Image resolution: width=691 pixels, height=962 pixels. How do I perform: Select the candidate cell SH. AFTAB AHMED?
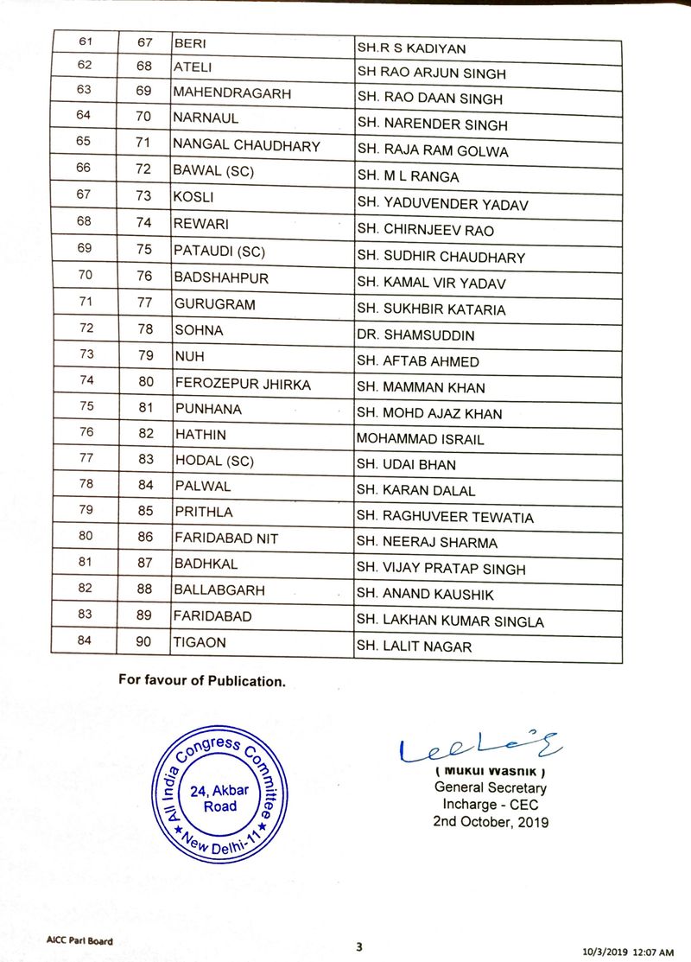419,361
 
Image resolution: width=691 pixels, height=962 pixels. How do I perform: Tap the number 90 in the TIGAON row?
144,642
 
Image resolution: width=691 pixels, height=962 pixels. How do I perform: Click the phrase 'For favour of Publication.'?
201,681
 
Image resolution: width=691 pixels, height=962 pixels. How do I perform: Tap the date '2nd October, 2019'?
491,821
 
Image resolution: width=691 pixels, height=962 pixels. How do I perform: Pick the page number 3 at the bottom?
358,946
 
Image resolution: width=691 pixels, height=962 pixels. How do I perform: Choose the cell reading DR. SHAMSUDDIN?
415,335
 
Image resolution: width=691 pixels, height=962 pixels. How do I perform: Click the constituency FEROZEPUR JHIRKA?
230,383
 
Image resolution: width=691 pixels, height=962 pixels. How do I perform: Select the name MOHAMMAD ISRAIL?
421,439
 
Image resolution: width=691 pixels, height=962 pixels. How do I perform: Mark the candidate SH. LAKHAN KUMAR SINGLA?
451,621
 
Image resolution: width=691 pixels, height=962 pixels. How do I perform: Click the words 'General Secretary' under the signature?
491,787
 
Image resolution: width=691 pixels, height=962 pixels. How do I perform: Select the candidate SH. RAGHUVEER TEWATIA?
446,517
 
